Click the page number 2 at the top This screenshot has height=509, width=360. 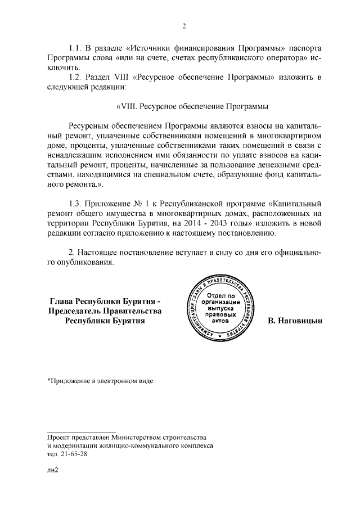pyautogui.click(x=183, y=25)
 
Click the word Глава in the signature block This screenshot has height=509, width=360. pyautogui.click(x=61, y=300)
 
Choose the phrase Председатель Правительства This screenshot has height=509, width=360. pyautogui.click(x=105, y=310)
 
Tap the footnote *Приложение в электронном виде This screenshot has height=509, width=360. pyautogui.click(x=100, y=381)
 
